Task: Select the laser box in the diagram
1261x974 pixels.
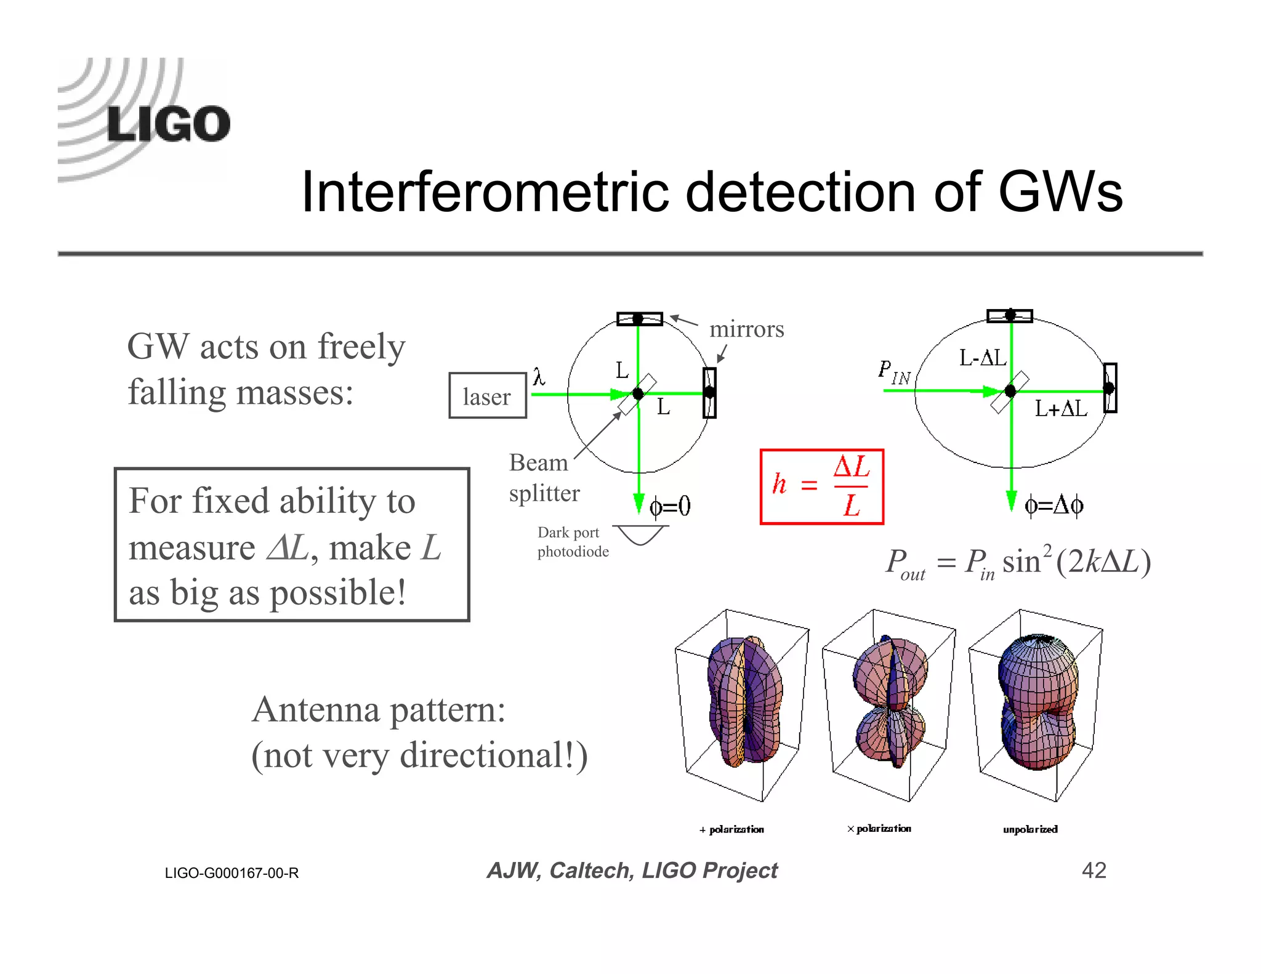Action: point(487,396)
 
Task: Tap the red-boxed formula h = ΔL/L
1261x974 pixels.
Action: point(821,486)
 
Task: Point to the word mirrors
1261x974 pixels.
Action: point(746,329)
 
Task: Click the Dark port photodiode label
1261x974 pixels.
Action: point(573,542)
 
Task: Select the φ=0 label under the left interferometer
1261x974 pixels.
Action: point(670,507)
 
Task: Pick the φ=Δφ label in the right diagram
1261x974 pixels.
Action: point(1054,505)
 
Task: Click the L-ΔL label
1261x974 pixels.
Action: point(982,358)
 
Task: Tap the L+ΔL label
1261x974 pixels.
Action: point(1060,408)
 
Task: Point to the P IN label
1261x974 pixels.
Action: point(893,372)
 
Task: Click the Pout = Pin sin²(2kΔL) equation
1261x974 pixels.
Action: point(1018,563)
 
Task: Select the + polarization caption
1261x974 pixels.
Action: point(731,829)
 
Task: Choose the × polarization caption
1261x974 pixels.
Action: point(879,829)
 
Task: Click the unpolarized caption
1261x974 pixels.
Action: point(1030,829)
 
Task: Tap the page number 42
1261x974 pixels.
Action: point(1094,870)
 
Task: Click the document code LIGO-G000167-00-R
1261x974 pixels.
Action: point(232,873)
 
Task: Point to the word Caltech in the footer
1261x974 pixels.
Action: point(590,871)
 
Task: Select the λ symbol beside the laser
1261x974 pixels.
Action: point(539,376)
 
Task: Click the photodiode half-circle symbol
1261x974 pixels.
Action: point(641,534)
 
